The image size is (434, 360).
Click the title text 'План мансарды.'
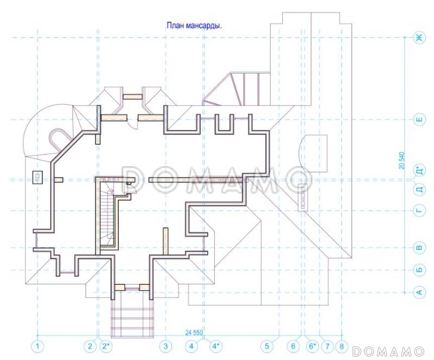194,26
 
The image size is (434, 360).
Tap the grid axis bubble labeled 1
37,346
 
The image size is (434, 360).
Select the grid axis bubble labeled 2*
105,346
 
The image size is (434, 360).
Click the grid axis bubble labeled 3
165,346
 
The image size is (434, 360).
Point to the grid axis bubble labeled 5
267,346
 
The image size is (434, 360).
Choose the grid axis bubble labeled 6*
312,346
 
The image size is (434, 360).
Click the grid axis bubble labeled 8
342,346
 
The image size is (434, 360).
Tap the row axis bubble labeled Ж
419,37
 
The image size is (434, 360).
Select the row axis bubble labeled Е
419,119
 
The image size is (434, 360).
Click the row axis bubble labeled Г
419,211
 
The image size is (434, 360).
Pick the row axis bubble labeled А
419,292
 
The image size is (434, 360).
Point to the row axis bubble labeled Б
419,270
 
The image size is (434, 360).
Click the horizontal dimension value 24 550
194,332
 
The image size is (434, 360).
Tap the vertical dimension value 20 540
402,161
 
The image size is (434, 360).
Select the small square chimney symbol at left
37,178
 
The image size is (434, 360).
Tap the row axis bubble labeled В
419,248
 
